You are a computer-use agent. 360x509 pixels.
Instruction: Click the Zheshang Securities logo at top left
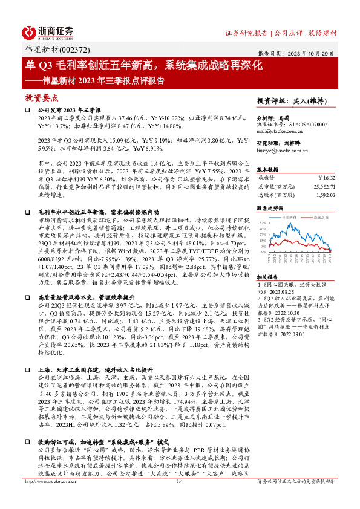coord(48,32)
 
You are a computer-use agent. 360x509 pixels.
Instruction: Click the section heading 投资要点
coord(42,97)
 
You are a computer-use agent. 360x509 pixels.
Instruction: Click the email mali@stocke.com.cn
coord(280,130)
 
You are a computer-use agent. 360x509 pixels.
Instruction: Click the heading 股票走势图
coord(270,207)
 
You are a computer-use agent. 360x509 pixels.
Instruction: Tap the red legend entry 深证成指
coord(321,216)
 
